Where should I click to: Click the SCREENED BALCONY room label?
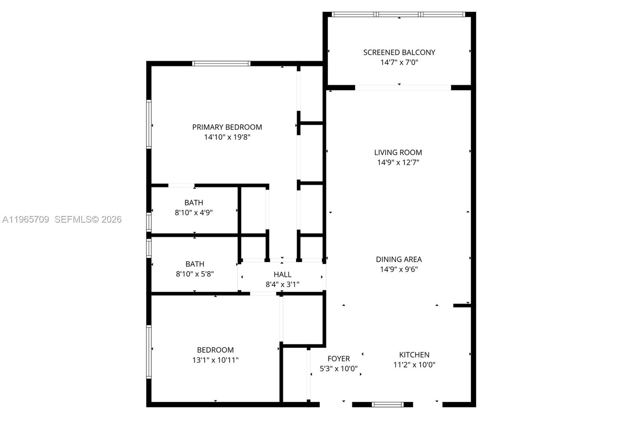(399, 52)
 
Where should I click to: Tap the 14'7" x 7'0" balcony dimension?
(399, 62)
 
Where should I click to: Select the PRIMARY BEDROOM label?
(227, 127)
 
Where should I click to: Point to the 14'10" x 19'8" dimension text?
(227, 137)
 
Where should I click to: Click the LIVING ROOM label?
(398, 152)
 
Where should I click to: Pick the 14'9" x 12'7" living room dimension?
(398, 162)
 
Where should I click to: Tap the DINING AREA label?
(399, 259)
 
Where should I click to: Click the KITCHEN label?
(414, 355)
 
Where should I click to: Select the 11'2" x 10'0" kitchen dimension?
(414, 365)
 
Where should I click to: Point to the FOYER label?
(339, 359)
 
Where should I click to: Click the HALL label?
(282, 274)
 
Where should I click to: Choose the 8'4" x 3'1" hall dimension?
(282, 284)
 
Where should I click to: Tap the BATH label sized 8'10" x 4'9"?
(194, 202)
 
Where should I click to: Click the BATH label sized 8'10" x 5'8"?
(194, 264)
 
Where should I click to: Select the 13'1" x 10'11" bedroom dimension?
(215, 360)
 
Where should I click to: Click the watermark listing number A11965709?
(26, 219)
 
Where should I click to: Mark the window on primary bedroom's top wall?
(221, 64)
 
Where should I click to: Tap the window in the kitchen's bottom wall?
(388, 404)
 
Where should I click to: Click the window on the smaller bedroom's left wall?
(149, 352)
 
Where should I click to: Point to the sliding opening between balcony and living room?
(403, 88)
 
